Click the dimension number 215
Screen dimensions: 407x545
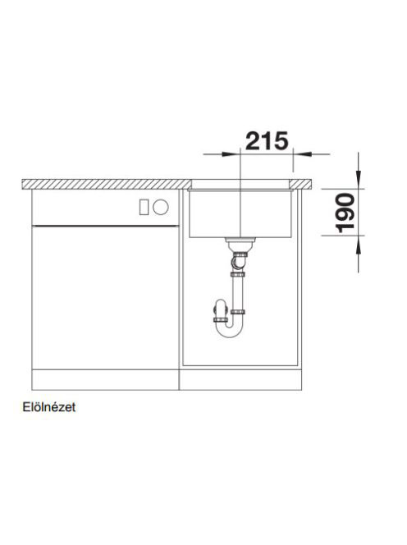click(x=267, y=141)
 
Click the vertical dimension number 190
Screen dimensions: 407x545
click(x=345, y=213)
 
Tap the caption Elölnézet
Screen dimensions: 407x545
click(x=49, y=407)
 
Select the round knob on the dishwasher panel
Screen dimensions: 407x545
click(x=161, y=207)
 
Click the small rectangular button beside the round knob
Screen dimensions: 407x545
click(x=144, y=207)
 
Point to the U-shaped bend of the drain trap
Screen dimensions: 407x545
click(x=228, y=330)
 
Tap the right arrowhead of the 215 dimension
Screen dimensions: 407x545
click(x=303, y=154)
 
